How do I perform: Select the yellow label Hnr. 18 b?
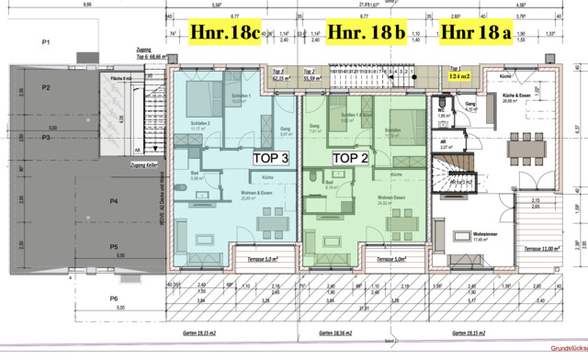tap(367, 32)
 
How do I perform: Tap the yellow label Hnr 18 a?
tap(475, 32)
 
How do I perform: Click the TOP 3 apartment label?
tap(271, 157)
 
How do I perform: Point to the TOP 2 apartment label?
tap(349, 157)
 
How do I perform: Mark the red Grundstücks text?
tap(566, 349)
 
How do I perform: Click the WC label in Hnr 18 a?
tap(441, 108)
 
